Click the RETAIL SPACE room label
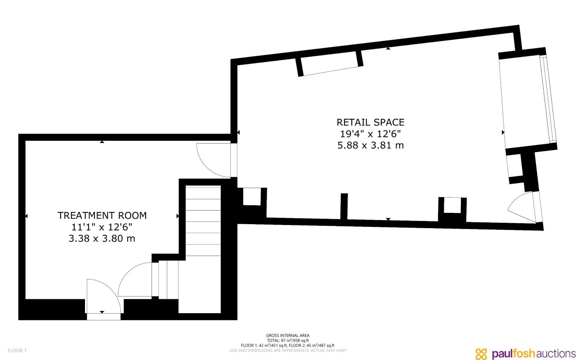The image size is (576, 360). (x=371, y=122)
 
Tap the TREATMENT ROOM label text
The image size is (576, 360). (x=102, y=216)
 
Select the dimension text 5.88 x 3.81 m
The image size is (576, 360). (x=371, y=145)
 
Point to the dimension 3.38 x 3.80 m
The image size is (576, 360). (x=102, y=239)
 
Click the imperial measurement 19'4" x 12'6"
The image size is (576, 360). (x=371, y=134)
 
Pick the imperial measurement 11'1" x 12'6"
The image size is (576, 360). (x=102, y=227)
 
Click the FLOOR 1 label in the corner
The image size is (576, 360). (x=17, y=351)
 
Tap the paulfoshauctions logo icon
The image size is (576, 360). (x=482, y=354)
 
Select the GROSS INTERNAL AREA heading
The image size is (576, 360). (x=288, y=335)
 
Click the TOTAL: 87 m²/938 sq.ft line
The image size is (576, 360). (x=288, y=340)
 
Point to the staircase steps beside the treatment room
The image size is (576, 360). (x=203, y=220)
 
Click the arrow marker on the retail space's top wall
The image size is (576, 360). (x=388, y=48)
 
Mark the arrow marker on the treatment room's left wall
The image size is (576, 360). (x=27, y=216)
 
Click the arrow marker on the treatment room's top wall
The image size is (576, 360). (x=102, y=142)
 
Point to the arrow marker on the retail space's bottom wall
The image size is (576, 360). (x=388, y=219)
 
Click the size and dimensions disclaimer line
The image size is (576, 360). (x=288, y=350)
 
